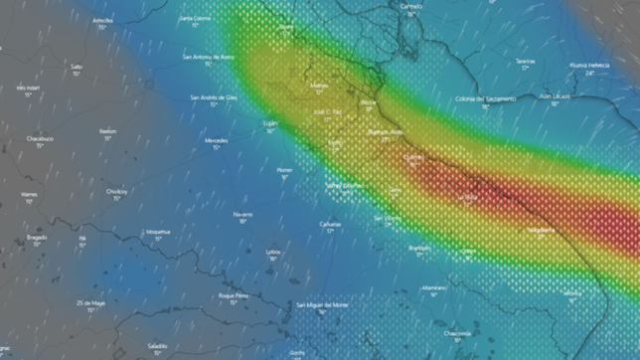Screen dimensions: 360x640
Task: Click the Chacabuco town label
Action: point(40,139)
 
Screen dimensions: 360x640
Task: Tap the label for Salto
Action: point(77,67)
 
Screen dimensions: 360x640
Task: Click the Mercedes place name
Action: point(216,140)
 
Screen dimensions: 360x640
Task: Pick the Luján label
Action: point(269,123)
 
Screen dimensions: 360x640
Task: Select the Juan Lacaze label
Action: point(554,96)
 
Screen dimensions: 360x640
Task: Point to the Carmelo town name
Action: point(410,6)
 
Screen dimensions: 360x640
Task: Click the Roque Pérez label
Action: point(234,295)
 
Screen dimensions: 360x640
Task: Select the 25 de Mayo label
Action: point(89,302)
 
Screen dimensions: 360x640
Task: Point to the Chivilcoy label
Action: point(117,190)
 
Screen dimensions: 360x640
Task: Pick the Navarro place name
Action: point(242,214)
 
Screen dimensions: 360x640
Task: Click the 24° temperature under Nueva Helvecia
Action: point(589,73)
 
